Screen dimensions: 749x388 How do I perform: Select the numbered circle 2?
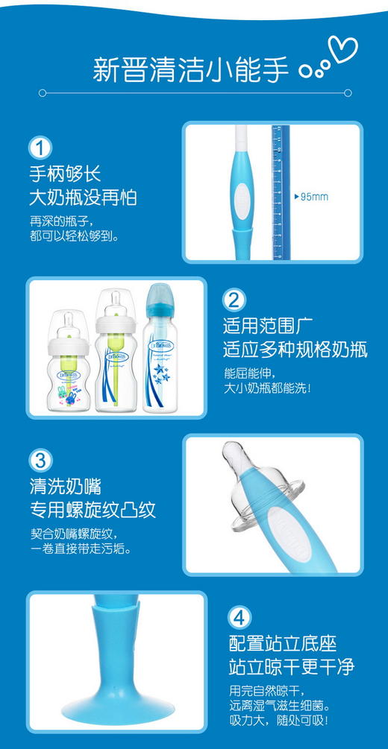[x=234, y=300]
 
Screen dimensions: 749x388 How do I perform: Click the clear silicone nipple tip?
[x=241, y=466]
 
